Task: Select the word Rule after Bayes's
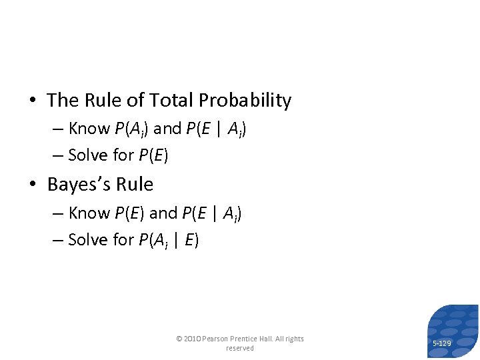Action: point(135,185)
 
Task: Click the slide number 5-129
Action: point(442,343)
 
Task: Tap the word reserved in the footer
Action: point(240,348)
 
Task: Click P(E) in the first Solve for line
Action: point(153,156)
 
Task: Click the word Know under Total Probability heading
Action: point(89,129)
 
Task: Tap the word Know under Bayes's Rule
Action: point(89,213)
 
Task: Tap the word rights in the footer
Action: point(293,339)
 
